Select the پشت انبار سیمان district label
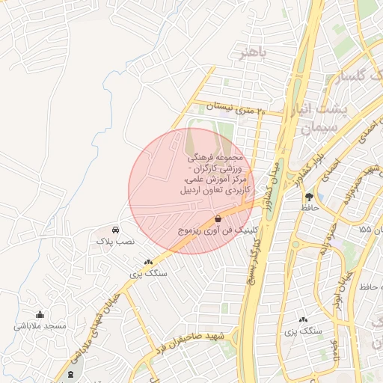pos(322,118)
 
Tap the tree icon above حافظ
pos(309,196)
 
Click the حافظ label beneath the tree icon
pos(309,209)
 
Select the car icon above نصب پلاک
pos(115,230)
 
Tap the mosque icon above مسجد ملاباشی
pos(40,314)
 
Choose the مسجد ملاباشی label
pos(40,326)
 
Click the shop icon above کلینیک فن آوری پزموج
pos(218,219)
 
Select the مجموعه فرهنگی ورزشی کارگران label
pos(215,176)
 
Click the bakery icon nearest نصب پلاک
pos(147,263)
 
